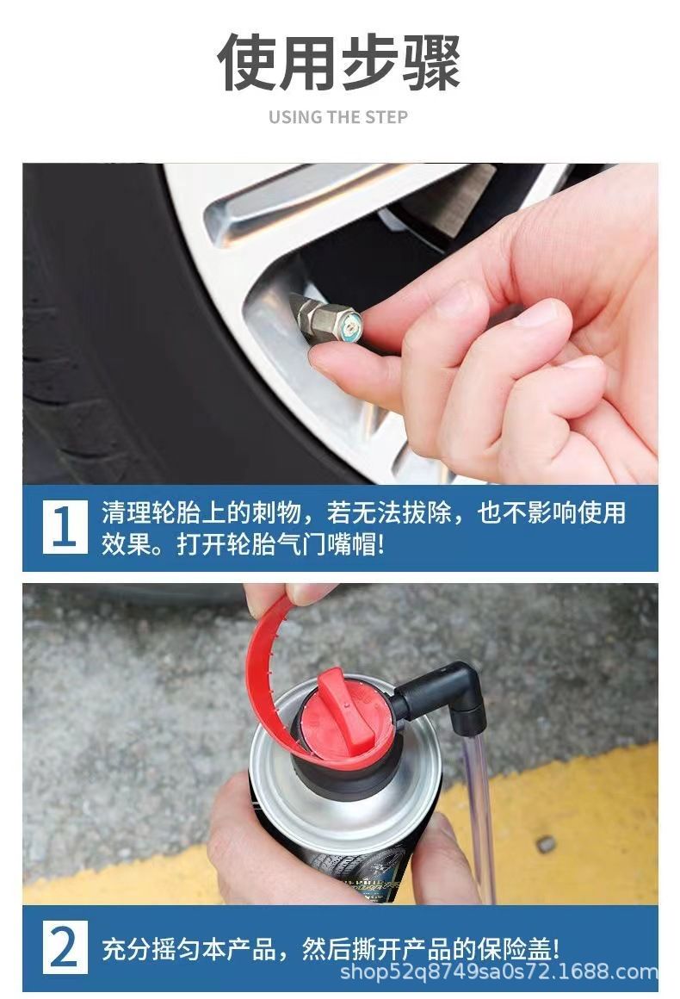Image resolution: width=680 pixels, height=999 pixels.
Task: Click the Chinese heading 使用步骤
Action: pos(339,62)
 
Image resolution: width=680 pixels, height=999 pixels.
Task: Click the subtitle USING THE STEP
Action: pos(338,117)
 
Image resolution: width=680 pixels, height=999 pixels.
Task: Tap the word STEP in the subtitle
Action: pos(386,117)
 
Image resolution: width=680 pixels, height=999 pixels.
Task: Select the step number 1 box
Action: pos(65,527)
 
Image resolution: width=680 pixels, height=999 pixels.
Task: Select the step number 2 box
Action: pos(65,947)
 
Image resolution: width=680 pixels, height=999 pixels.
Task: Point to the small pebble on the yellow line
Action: pos(547,845)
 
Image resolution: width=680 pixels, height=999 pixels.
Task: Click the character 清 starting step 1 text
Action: pos(114,513)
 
